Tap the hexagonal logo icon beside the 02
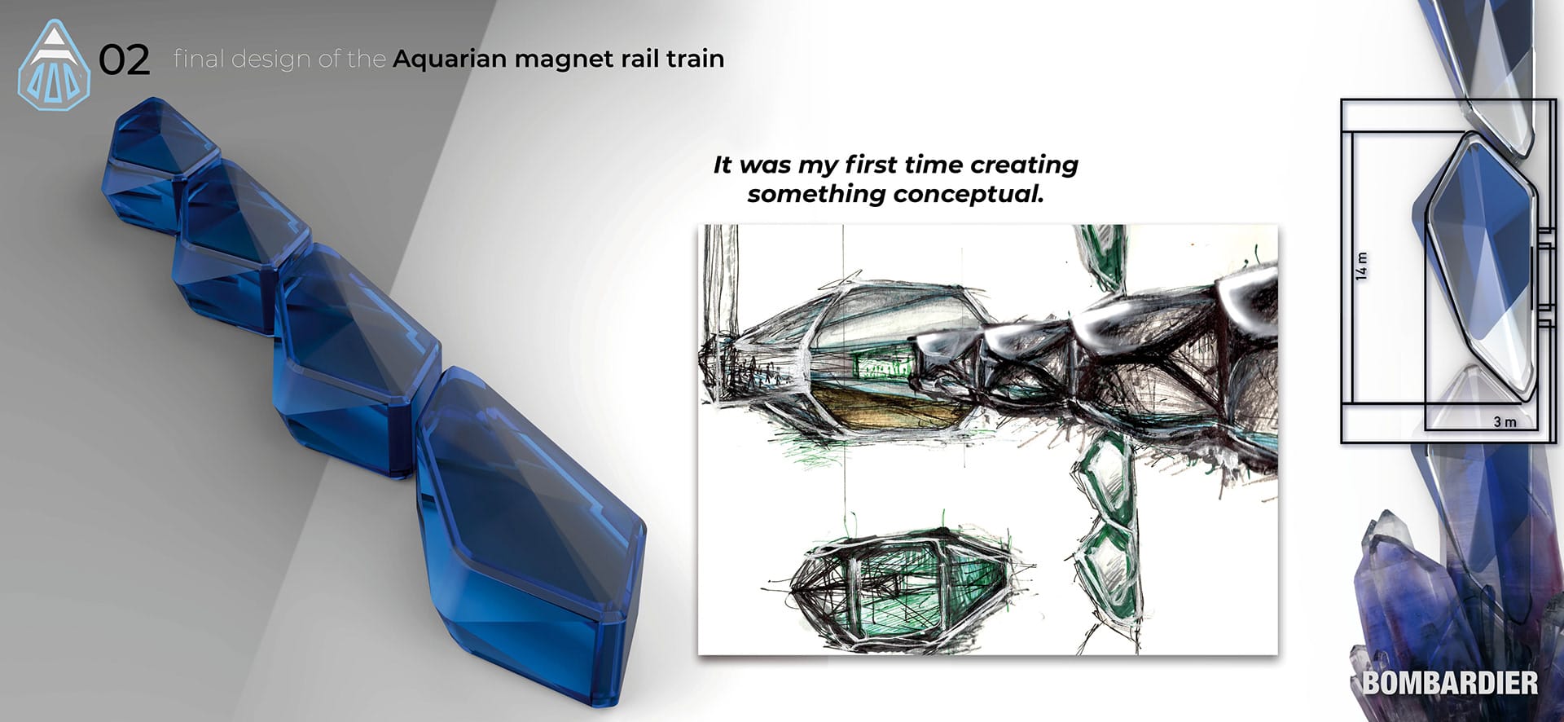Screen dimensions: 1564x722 pyautogui.click(x=54, y=65)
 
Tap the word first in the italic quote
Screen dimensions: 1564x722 pyautogui.click(x=872, y=165)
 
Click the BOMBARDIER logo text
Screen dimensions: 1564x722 pyautogui.click(x=1450, y=683)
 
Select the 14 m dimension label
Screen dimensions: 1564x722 pyautogui.click(x=1361, y=266)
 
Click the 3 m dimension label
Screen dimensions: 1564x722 pyautogui.click(x=1505, y=421)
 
